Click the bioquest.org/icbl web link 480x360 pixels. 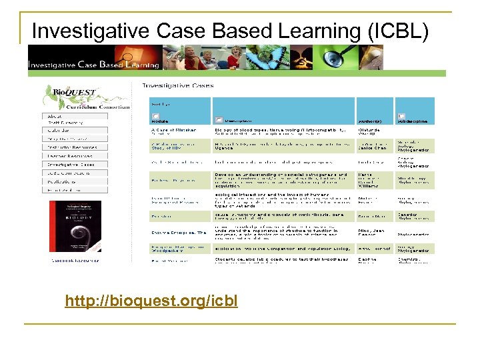pyautogui.click(x=151, y=301)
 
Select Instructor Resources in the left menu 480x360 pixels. pyautogui.click(x=71, y=147)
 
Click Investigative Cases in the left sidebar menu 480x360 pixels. pyautogui.click(x=71, y=164)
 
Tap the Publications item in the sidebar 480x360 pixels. pyautogui.click(x=64, y=181)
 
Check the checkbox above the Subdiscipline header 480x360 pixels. pyautogui.click(x=401, y=115)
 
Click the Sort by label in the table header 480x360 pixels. pyautogui.click(x=160, y=104)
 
